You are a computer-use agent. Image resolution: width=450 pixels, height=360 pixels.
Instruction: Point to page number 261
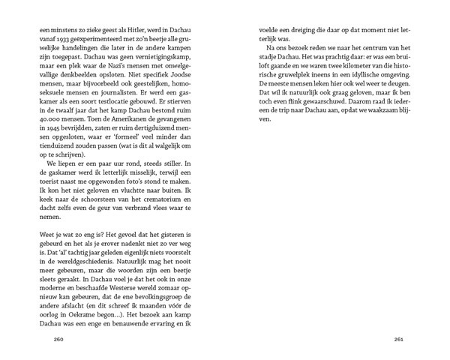click(x=398, y=340)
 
